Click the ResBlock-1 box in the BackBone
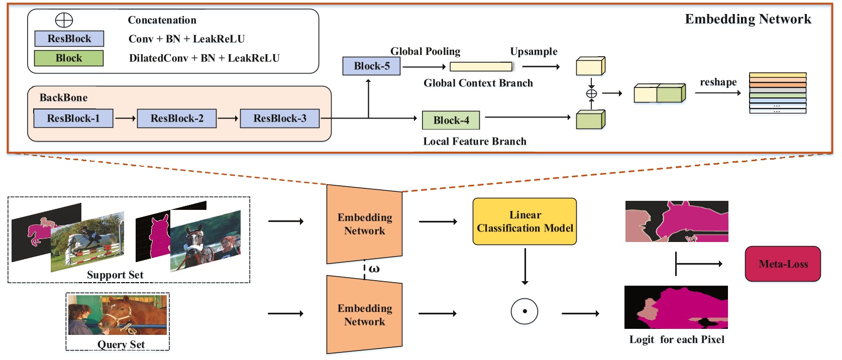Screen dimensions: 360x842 [x=73, y=118]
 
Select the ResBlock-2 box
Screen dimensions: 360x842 [x=177, y=118]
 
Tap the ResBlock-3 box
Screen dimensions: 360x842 [x=280, y=118]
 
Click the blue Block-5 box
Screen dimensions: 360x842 [x=371, y=66]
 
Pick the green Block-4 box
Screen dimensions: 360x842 [x=451, y=121]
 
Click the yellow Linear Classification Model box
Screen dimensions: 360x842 [x=524, y=221]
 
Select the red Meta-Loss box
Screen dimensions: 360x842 [x=783, y=264]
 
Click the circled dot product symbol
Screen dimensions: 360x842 [x=524, y=311]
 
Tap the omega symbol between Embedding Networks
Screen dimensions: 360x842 [x=374, y=269]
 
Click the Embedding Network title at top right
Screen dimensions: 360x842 [x=748, y=19]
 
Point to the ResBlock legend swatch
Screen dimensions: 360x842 [x=69, y=39]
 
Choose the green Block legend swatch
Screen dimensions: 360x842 [x=69, y=58]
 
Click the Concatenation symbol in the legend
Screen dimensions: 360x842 [x=64, y=20]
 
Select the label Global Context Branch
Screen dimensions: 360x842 [x=478, y=83]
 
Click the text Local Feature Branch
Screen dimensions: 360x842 [x=474, y=142]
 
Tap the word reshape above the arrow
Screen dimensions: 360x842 [x=718, y=82]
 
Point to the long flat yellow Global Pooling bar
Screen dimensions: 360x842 [x=481, y=67]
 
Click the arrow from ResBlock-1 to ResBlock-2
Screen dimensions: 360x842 [x=125, y=118]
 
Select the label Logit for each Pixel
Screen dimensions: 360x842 [x=676, y=340]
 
